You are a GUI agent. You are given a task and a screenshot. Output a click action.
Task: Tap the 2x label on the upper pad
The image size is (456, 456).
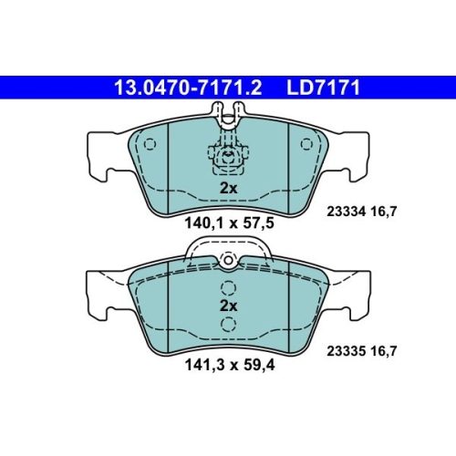click(227, 188)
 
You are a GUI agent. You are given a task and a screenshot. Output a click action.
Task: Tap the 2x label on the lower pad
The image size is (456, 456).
click(227, 306)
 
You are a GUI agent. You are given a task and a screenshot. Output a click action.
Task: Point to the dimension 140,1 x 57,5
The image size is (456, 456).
click(228, 222)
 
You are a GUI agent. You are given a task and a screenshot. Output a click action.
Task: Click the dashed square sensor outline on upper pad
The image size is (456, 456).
click(227, 161)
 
